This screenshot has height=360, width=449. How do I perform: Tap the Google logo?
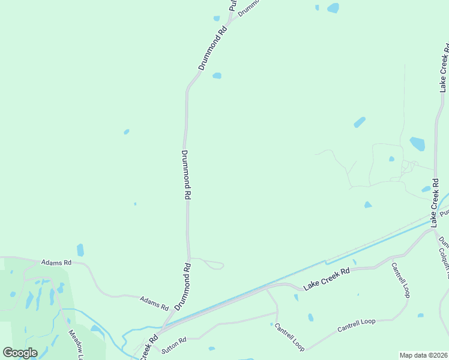20,352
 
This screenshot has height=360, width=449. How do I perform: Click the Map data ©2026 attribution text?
423,355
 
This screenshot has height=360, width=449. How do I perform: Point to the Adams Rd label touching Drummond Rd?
154,302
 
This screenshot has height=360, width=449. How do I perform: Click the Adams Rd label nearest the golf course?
56,263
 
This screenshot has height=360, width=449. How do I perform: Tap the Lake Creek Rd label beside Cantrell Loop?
327,280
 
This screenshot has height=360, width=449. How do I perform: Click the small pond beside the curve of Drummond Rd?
217,76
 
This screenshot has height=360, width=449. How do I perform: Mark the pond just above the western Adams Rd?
80,250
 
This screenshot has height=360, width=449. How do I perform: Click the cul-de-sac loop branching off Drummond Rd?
216,265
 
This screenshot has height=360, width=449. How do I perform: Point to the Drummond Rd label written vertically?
186,175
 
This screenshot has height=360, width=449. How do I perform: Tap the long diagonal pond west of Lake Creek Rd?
360,122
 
